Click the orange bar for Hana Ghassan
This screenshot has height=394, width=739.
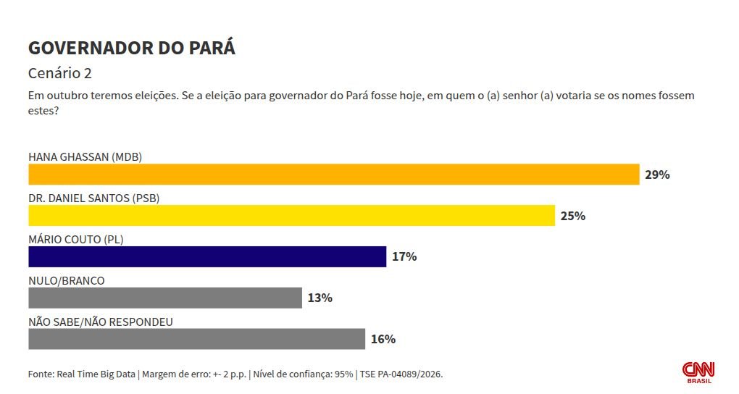(x=333, y=175)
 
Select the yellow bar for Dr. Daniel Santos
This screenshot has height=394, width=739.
(x=291, y=216)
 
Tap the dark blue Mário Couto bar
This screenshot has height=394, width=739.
(x=206, y=256)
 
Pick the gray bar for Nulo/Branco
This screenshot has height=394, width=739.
(x=164, y=298)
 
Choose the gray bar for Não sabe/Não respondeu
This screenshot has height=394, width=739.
(x=196, y=339)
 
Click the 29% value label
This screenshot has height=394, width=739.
(x=657, y=175)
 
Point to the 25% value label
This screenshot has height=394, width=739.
(x=572, y=216)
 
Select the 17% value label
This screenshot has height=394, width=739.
(x=404, y=256)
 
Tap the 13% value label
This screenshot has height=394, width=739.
(x=320, y=298)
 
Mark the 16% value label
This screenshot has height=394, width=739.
(x=383, y=339)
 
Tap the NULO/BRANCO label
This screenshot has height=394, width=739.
(x=66, y=280)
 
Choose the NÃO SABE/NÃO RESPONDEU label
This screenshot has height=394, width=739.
(x=100, y=322)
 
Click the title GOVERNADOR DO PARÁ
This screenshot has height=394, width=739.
(x=131, y=49)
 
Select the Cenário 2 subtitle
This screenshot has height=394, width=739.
(x=59, y=74)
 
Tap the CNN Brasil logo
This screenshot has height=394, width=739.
(x=698, y=372)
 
